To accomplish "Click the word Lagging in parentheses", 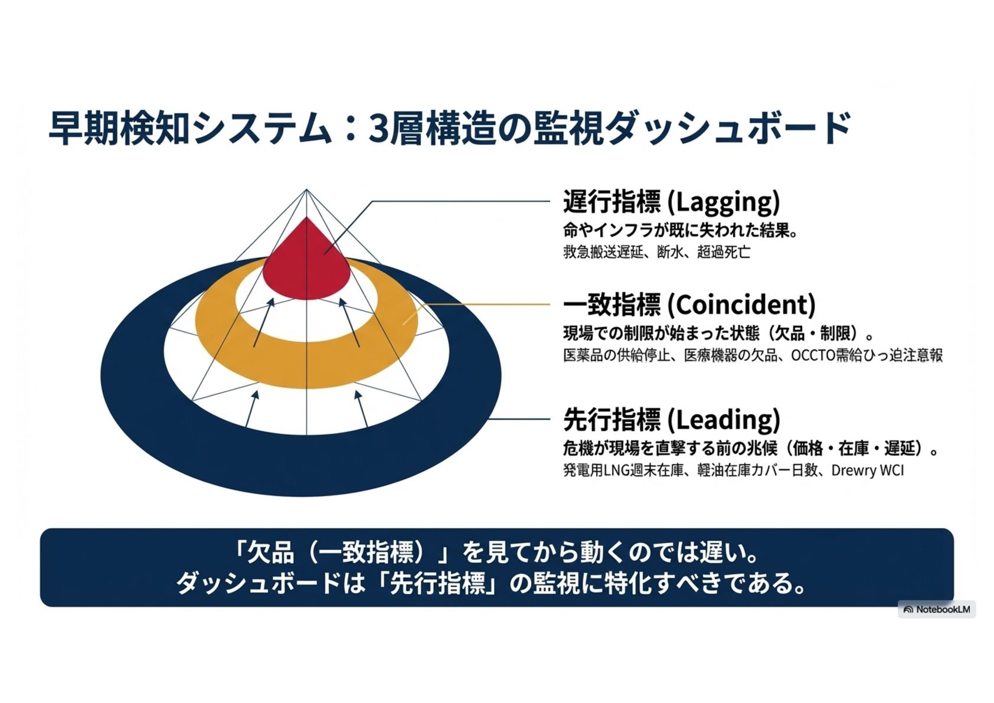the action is click(724, 202).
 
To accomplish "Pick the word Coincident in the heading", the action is click(744, 305).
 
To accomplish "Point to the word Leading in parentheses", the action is click(724, 420).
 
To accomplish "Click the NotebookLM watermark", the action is click(937, 609).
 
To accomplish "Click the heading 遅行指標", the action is click(612, 202).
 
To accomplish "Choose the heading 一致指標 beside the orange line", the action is click(612, 305).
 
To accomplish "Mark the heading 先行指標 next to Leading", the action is click(612, 420).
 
